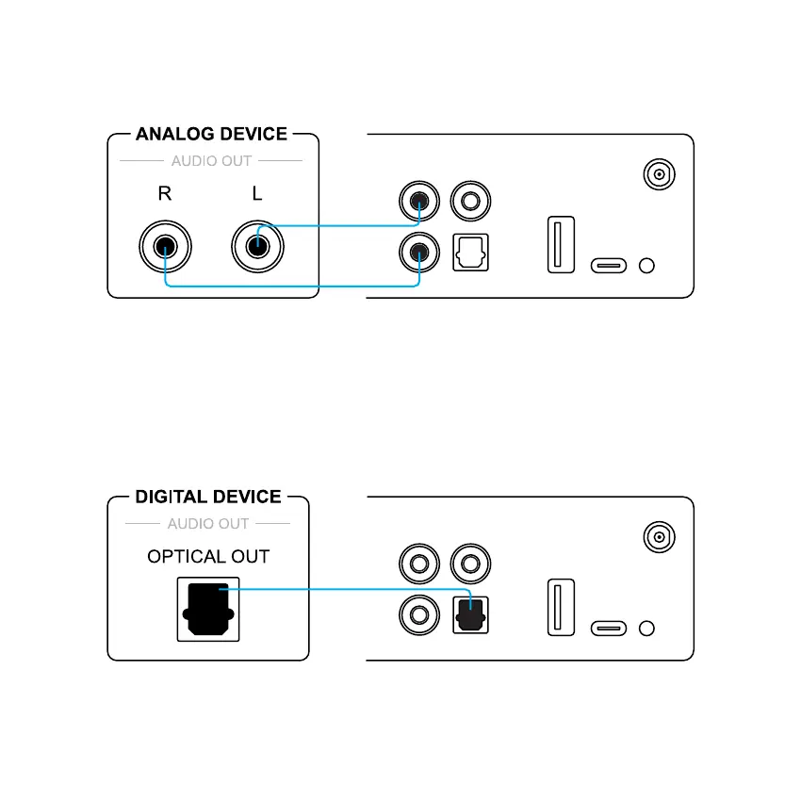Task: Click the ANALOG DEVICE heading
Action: click(211, 134)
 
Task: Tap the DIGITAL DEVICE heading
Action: click(208, 497)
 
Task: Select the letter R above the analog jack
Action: click(165, 194)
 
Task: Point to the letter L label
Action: click(257, 194)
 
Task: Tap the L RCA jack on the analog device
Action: click(258, 248)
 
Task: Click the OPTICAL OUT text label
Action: click(208, 557)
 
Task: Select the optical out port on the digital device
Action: click(208, 610)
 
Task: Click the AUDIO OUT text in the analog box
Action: click(211, 161)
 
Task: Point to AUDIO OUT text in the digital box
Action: click(208, 524)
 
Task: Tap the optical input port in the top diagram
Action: click(470, 252)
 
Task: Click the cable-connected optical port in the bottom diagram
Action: click(470, 614)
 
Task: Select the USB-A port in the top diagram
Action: click(561, 244)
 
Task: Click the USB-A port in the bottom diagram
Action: click(561, 607)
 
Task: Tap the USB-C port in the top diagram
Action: click(609, 265)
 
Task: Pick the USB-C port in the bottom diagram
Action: click(609, 628)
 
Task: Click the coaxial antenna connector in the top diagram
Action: click(659, 174)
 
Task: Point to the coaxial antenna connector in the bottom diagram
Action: click(659, 537)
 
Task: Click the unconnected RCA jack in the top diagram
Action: click(470, 201)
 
